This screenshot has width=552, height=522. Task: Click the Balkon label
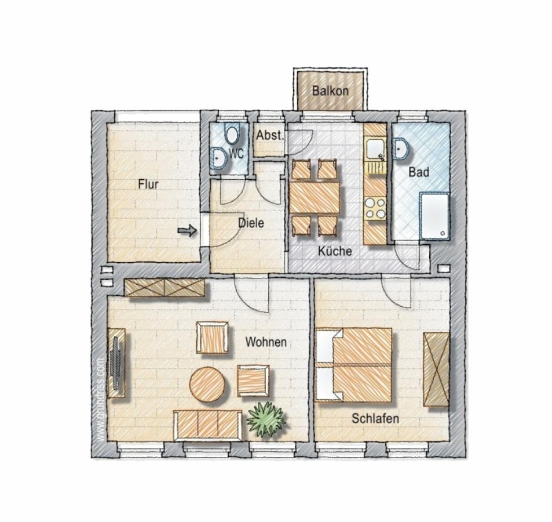pyautogui.click(x=330, y=91)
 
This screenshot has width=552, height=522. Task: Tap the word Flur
pyautogui.click(x=148, y=184)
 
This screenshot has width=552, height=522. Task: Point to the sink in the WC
pyautogui.click(x=219, y=158)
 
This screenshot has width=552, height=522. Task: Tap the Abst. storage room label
pyautogui.click(x=269, y=135)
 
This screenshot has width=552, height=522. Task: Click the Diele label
pyautogui.click(x=251, y=223)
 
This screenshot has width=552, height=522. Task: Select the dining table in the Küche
pyautogui.click(x=315, y=197)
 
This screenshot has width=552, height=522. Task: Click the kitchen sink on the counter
pyautogui.click(x=375, y=150)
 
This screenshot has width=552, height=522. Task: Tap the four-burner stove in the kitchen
pyautogui.click(x=375, y=208)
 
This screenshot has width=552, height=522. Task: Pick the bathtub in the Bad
pyautogui.click(x=435, y=216)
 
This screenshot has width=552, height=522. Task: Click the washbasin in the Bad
pyautogui.click(x=401, y=148)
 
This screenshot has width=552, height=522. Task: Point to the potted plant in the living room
pyautogui.click(x=266, y=419)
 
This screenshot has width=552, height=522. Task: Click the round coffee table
pyautogui.click(x=207, y=385)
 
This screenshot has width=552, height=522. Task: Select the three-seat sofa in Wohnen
pyautogui.click(x=208, y=425)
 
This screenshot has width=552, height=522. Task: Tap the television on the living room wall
pyautogui.click(x=116, y=362)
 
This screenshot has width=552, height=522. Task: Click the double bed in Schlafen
pyautogui.click(x=353, y=365)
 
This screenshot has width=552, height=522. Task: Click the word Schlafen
pyautogui.click(x=375, y=419)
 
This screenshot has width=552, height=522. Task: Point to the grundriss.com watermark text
pyautogui.click(x=101, y=400)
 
